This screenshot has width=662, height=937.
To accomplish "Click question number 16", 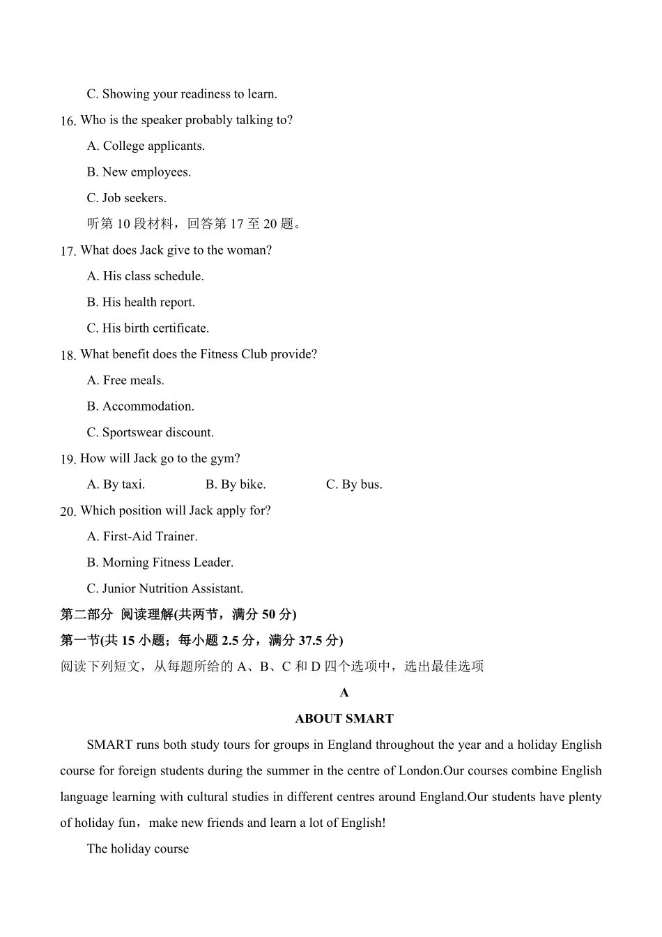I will click(x=68, y=121).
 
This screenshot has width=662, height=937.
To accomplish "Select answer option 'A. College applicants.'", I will click(x=146, y=146).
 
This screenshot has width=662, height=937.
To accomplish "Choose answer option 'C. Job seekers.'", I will click(x=126, y=198).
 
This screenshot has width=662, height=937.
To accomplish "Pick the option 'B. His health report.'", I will click(x=141, y=303).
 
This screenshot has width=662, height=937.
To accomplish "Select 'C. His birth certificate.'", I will click(x=148, y=328).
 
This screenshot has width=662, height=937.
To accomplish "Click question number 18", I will click(x=68, y=356).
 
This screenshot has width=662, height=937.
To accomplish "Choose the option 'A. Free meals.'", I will click(x=125, y=381).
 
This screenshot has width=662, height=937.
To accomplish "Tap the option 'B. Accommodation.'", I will click(x=140, y=406).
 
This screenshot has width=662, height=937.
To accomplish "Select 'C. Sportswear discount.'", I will click(x=150, y=432).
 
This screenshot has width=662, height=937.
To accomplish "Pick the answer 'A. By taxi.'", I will click(x=116, y=485).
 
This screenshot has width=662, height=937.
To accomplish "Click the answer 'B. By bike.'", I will click(x=236, y=485).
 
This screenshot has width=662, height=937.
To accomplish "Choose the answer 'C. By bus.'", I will click(x=354, y=485).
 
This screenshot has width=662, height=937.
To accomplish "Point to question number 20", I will click(x=68, y=512).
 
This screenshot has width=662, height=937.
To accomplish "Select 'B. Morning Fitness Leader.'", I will click(x=160, y=563).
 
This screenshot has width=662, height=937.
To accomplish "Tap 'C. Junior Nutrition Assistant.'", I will click(x=164, y=588).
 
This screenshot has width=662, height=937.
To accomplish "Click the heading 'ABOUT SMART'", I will click(x=344, y=719).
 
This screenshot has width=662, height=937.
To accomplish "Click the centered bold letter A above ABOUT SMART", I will click(x=344, y=693).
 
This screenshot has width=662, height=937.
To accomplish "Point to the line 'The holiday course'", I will click(x=138, y=849).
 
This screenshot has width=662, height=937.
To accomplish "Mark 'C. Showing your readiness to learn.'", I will click(x=181, y=94).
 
